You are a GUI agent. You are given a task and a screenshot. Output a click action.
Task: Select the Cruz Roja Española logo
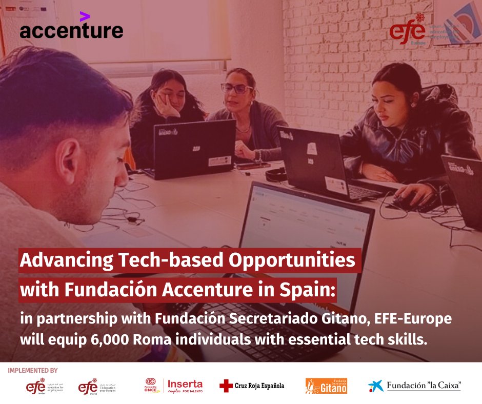click(x=251, y=386)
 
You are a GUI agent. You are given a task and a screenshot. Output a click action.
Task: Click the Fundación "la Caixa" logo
click(x=414, y=386)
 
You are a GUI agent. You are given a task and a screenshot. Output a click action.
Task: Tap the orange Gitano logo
click(x=326, y=386)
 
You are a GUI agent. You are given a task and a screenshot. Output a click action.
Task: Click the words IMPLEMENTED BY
click(x=33, y=370)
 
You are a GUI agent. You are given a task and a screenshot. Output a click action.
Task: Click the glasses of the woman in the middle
click(x=235, y=88)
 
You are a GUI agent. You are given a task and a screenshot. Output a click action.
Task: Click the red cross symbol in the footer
click(x=225, y=386)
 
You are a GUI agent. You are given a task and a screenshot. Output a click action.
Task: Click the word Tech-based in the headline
click(x=169, y=260)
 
